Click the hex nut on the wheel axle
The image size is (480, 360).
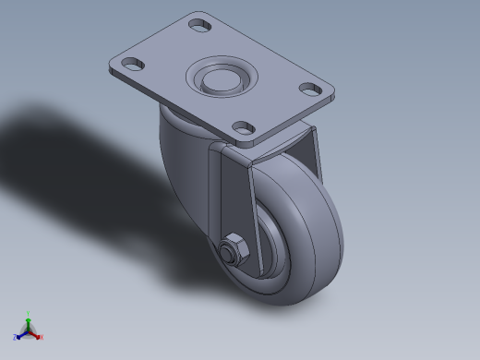(x=231, y=251)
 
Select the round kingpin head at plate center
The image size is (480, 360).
(x=220, y=78)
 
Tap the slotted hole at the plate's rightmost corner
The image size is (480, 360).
(x=310, y=90)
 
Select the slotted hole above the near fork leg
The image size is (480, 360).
(x=244, y=127)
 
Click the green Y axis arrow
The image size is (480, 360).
(x=29, y=319)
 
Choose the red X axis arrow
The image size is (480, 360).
(x=36, y=333)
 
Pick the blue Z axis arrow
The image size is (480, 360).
(x=21, y=334)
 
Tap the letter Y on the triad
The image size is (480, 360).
(x=29, y=313)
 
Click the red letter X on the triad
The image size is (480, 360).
(x=42, y=338)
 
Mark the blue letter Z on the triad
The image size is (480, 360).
(x=16, y=338)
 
